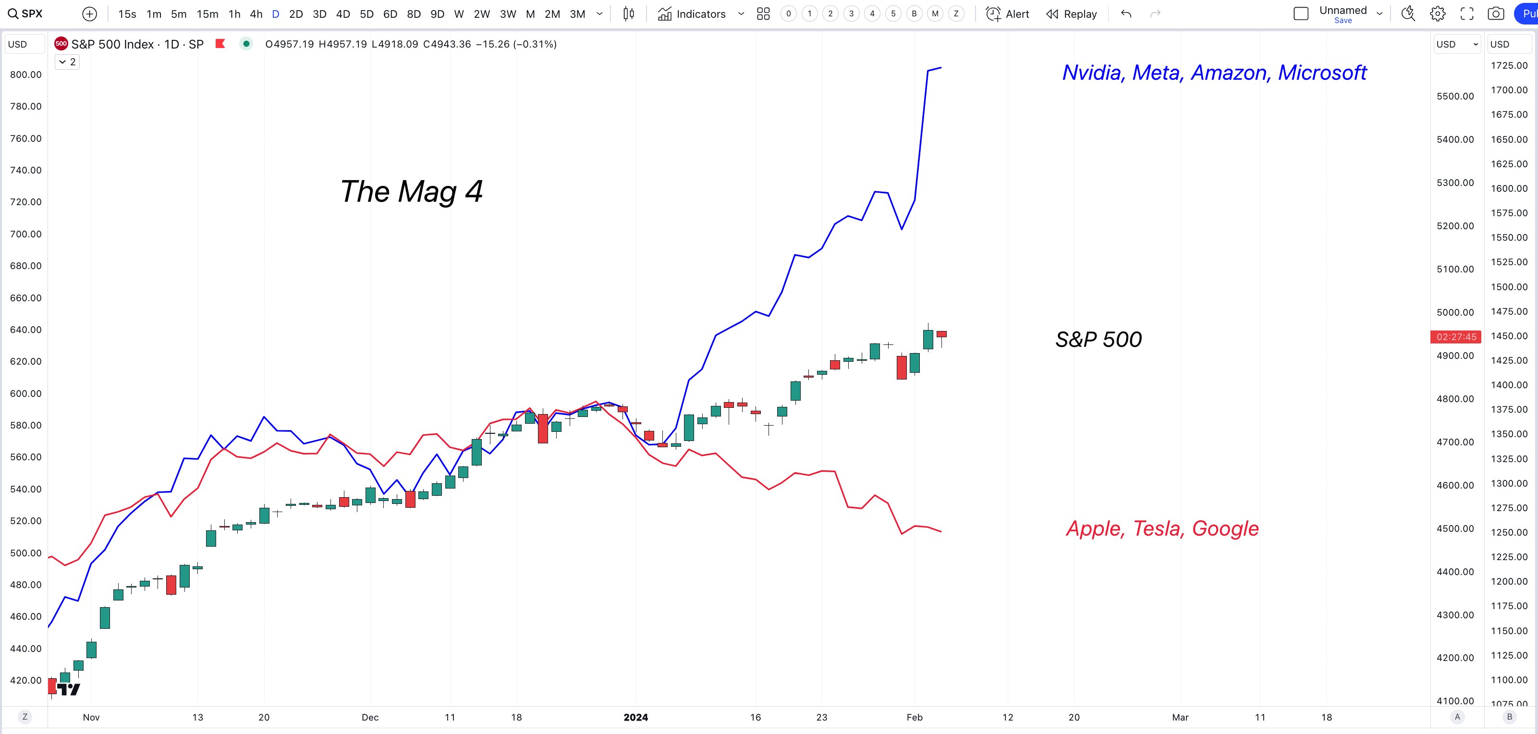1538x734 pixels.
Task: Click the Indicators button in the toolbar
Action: [692, 14]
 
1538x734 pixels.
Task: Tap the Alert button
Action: [1008, 14]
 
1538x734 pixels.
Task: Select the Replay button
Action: [1072, 14]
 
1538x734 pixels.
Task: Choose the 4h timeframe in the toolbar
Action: [256, 14]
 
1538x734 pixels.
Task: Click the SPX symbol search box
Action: [25, 14]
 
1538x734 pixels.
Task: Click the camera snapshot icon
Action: [1496, 14]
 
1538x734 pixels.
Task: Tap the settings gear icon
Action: [1438, 14]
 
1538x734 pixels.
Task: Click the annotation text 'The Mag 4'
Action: [411, 192]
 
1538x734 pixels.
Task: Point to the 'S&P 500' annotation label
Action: [1098, 339]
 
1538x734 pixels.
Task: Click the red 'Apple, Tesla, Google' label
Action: [1162, 528]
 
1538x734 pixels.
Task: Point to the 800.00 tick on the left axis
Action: [25, 74]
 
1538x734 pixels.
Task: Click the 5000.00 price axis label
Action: [1455, 312]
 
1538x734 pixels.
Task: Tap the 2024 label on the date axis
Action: [635, 717]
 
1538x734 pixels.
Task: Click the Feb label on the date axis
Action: [914, 717]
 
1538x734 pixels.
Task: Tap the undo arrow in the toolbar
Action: [1126, 14]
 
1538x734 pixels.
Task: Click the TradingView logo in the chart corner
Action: [69, 689]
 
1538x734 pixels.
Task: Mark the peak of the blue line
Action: [941, 67]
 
